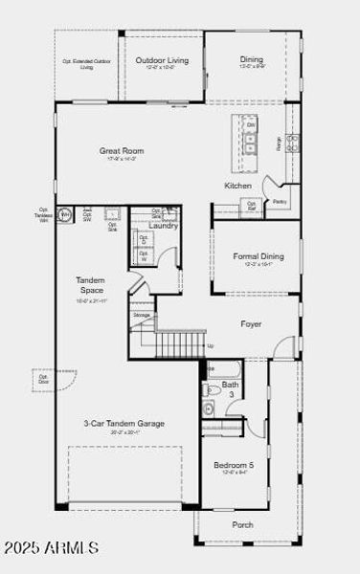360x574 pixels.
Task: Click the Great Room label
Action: tap(121, 150)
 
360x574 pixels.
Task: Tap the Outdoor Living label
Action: tap(162, 60)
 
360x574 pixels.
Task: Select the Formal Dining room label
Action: tap(258, 255)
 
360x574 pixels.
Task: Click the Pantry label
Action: tap(280, 202)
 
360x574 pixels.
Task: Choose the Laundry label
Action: tap(164, 226)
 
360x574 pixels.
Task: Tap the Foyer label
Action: tap(251, 324)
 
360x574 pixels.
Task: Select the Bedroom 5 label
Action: tap(234, 465)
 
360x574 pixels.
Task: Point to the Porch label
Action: tap(243, 524)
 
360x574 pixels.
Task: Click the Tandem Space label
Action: tap(91, 284)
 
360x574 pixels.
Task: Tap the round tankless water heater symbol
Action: tap(65, 215)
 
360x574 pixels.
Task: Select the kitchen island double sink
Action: tap(251, 144)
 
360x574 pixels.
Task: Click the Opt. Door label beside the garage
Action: tap(42, 379)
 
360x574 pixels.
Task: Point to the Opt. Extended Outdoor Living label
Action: tap(86, 64)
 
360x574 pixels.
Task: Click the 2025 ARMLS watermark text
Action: tap(50, 548)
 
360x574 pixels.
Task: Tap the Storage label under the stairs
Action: tap(142, 314)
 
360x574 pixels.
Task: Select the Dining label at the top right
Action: tap(251, 60)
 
